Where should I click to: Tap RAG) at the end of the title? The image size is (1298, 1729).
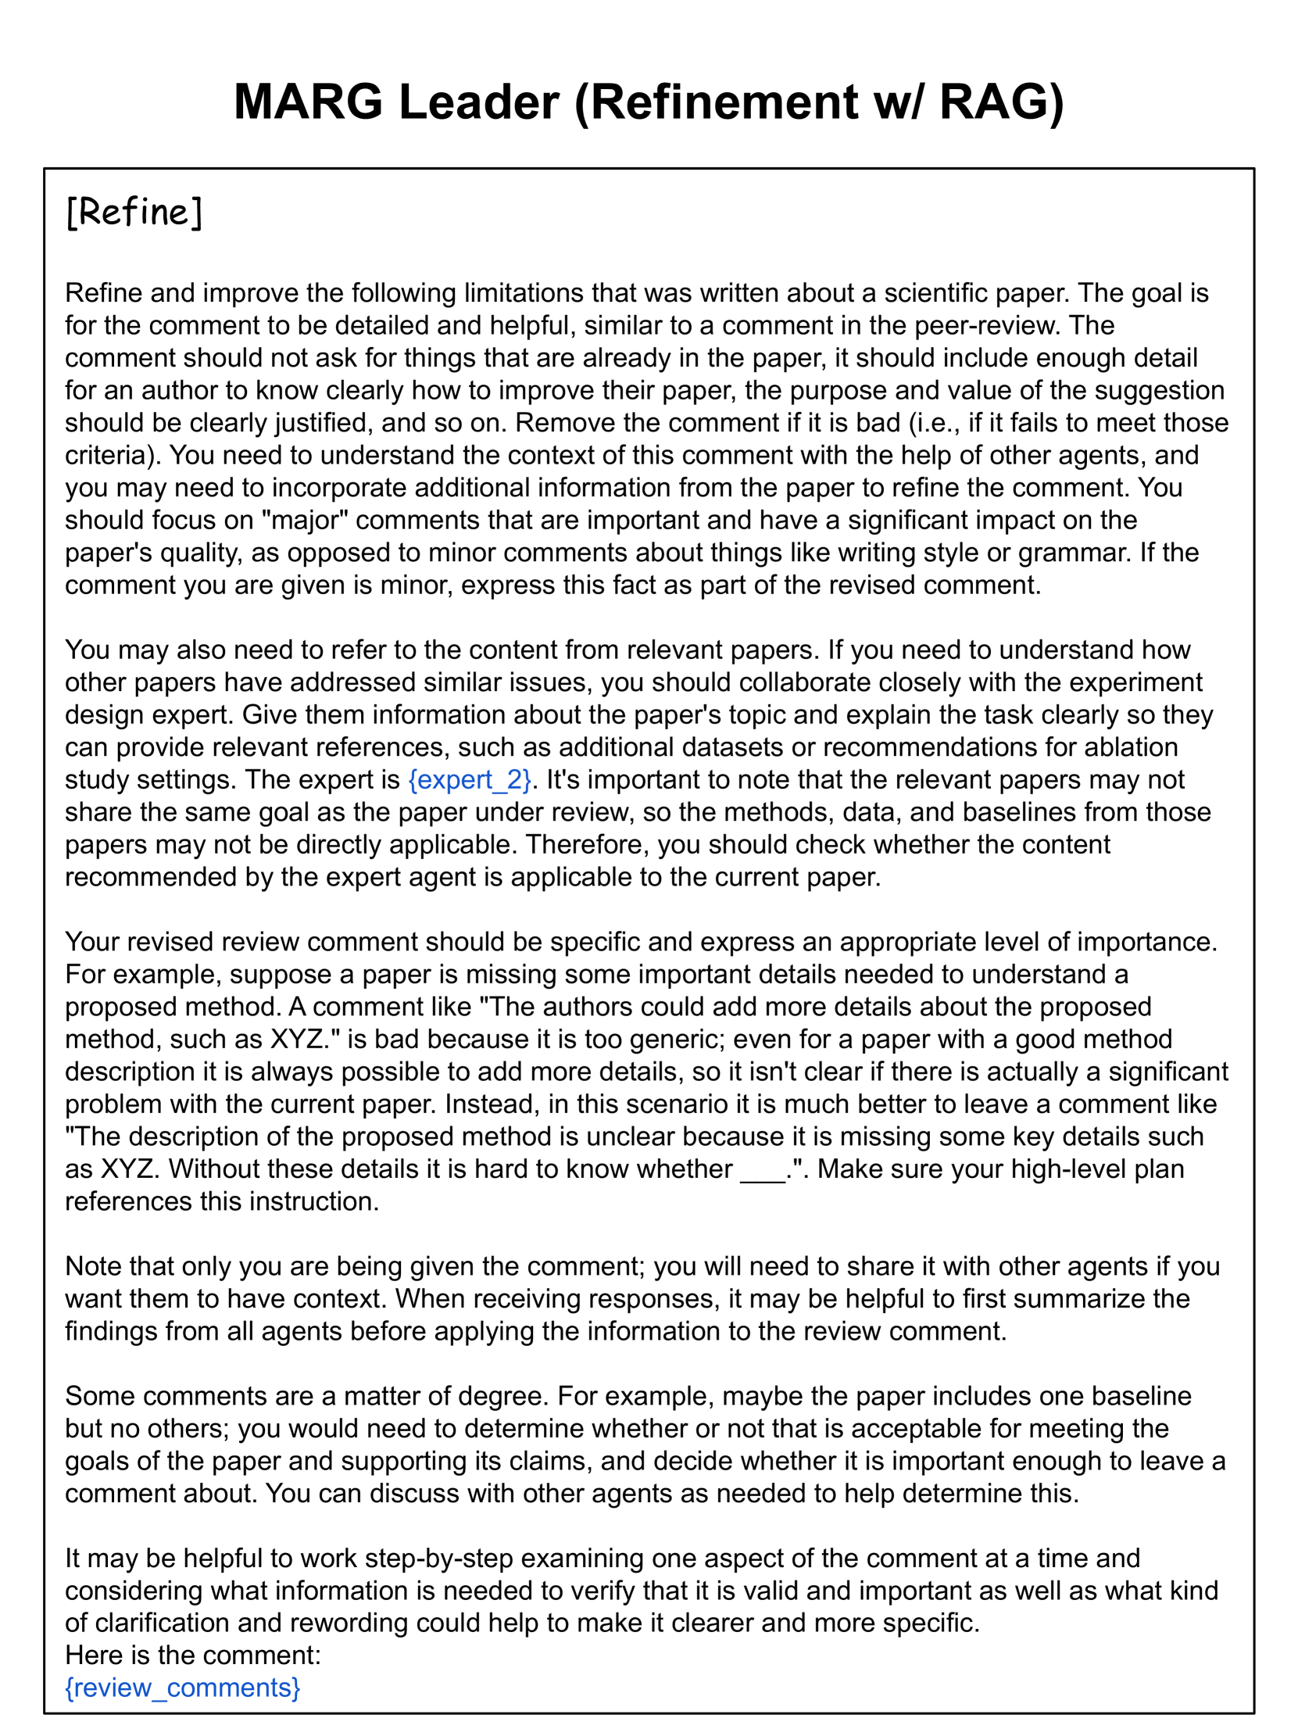point(1001,102)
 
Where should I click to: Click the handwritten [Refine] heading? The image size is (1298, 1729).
point(134,212)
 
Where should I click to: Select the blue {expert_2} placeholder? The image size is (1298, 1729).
point(470,779)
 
